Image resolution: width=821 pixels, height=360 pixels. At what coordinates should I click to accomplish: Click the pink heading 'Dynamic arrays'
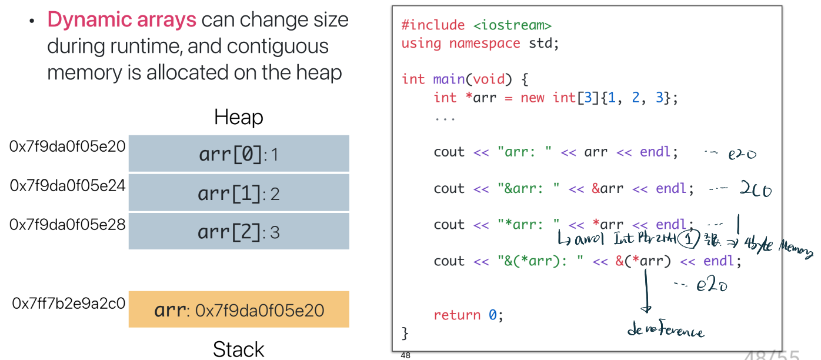122,20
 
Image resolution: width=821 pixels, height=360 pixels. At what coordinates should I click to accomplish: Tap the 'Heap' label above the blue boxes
238,118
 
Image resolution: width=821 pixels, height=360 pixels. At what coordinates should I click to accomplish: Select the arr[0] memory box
239,154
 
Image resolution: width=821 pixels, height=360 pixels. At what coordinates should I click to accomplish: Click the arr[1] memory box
239,193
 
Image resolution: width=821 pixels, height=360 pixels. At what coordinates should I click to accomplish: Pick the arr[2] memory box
239,232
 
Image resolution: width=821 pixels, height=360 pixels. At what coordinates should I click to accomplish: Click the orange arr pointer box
239,309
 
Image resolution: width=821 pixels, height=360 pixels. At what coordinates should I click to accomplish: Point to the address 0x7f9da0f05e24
68,186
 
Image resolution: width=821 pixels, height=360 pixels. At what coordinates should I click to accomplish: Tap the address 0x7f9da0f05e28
68,225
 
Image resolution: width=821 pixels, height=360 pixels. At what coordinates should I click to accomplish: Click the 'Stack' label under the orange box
238,349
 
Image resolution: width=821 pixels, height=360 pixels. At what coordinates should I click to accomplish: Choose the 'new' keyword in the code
532,98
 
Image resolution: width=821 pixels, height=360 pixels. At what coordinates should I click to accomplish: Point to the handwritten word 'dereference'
665,331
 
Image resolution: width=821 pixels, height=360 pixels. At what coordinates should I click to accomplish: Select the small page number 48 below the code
405,355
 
